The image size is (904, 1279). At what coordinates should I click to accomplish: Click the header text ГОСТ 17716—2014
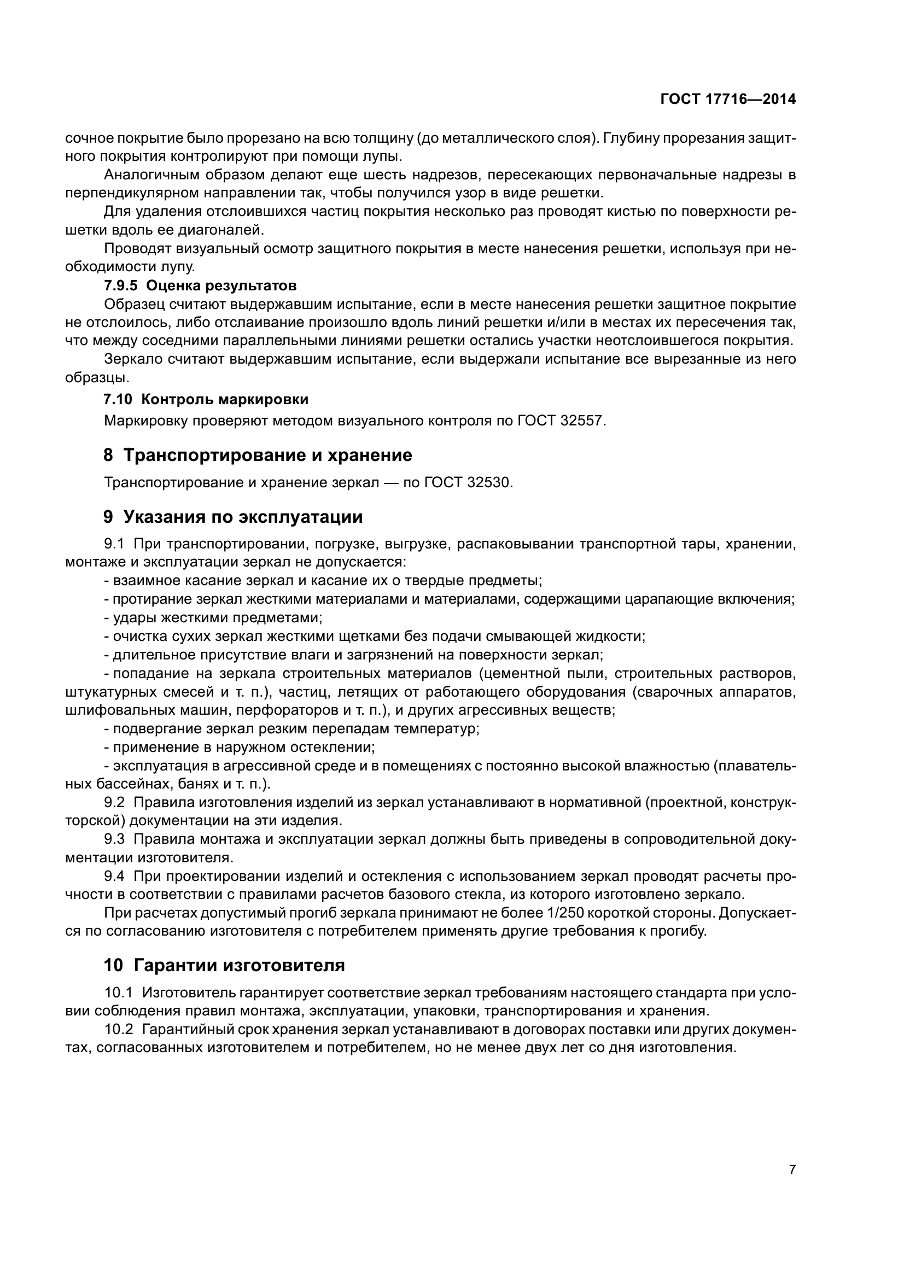(727, 99)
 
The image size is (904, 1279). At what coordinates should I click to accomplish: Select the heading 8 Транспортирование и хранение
(258, 455)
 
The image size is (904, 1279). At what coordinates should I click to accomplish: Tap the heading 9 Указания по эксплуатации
(233, 517)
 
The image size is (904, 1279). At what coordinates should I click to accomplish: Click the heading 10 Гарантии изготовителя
(224, 965)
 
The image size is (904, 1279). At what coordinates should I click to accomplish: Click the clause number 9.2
(114, 802)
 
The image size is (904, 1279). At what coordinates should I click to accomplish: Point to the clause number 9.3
(114, 839)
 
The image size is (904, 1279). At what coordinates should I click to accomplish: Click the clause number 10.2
(119, 1030)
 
